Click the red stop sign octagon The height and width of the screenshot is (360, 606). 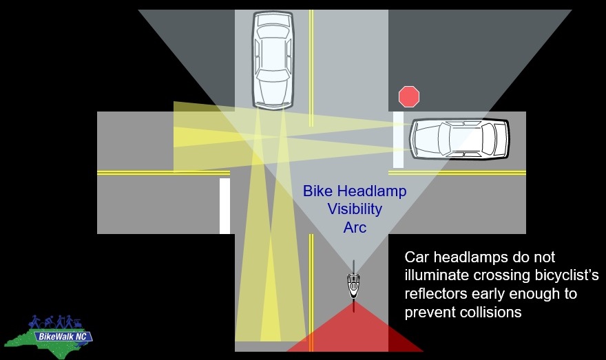(408, 97)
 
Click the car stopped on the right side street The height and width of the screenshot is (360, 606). (459, 138)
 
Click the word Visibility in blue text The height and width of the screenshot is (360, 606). (355, 209)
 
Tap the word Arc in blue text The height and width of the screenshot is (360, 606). (355, 226)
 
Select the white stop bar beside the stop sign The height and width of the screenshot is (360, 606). (398, 140)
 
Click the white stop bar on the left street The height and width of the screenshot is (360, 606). (224, 206)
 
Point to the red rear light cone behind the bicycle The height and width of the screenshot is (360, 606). (355, 332)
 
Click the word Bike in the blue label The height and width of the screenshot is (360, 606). (320, 191)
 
